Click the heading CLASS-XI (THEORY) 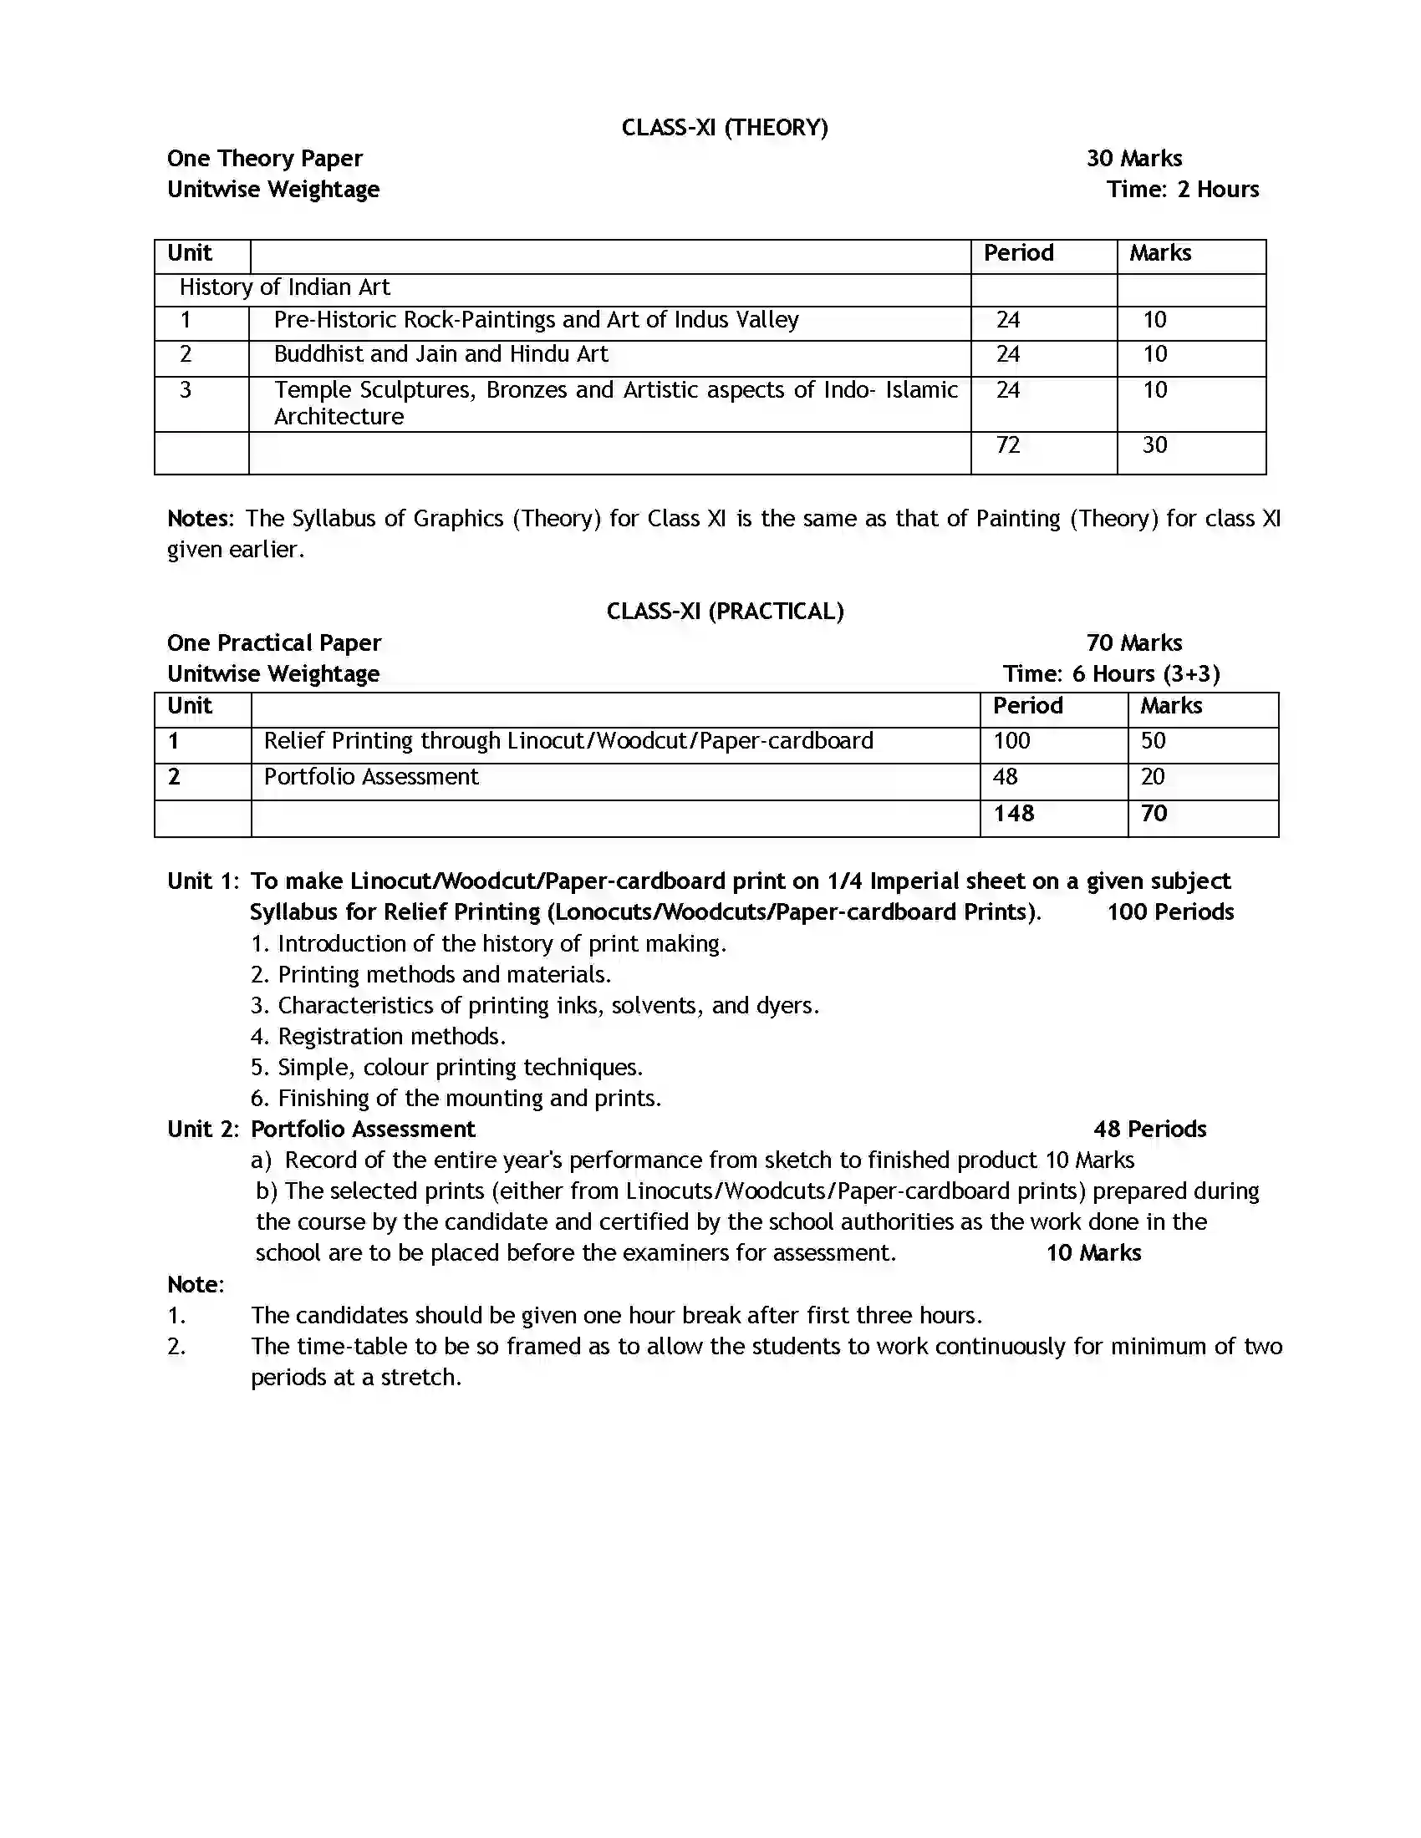tap(724, 127)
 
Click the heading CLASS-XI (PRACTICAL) tap(724, 611)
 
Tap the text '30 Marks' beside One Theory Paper tap(1134, 158)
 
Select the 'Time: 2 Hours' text tap(1183, 190)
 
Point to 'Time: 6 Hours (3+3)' tap(1111, 673)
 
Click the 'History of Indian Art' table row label tap(284, 288)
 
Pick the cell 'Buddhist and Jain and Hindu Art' tap(441, 354)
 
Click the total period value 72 tap(1008, 445)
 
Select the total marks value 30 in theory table tap(1154, 445)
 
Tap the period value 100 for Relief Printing tap(1011, 740)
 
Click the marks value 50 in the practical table tap(1153, 740)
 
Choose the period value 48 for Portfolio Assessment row tap(1005, 777)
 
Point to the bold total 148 tap(1014, 814)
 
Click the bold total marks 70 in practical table tap(1154, 814)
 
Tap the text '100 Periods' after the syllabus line tap(1170, 912)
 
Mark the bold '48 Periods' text tap(1149, 1130)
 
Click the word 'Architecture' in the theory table tap(339, 417)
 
